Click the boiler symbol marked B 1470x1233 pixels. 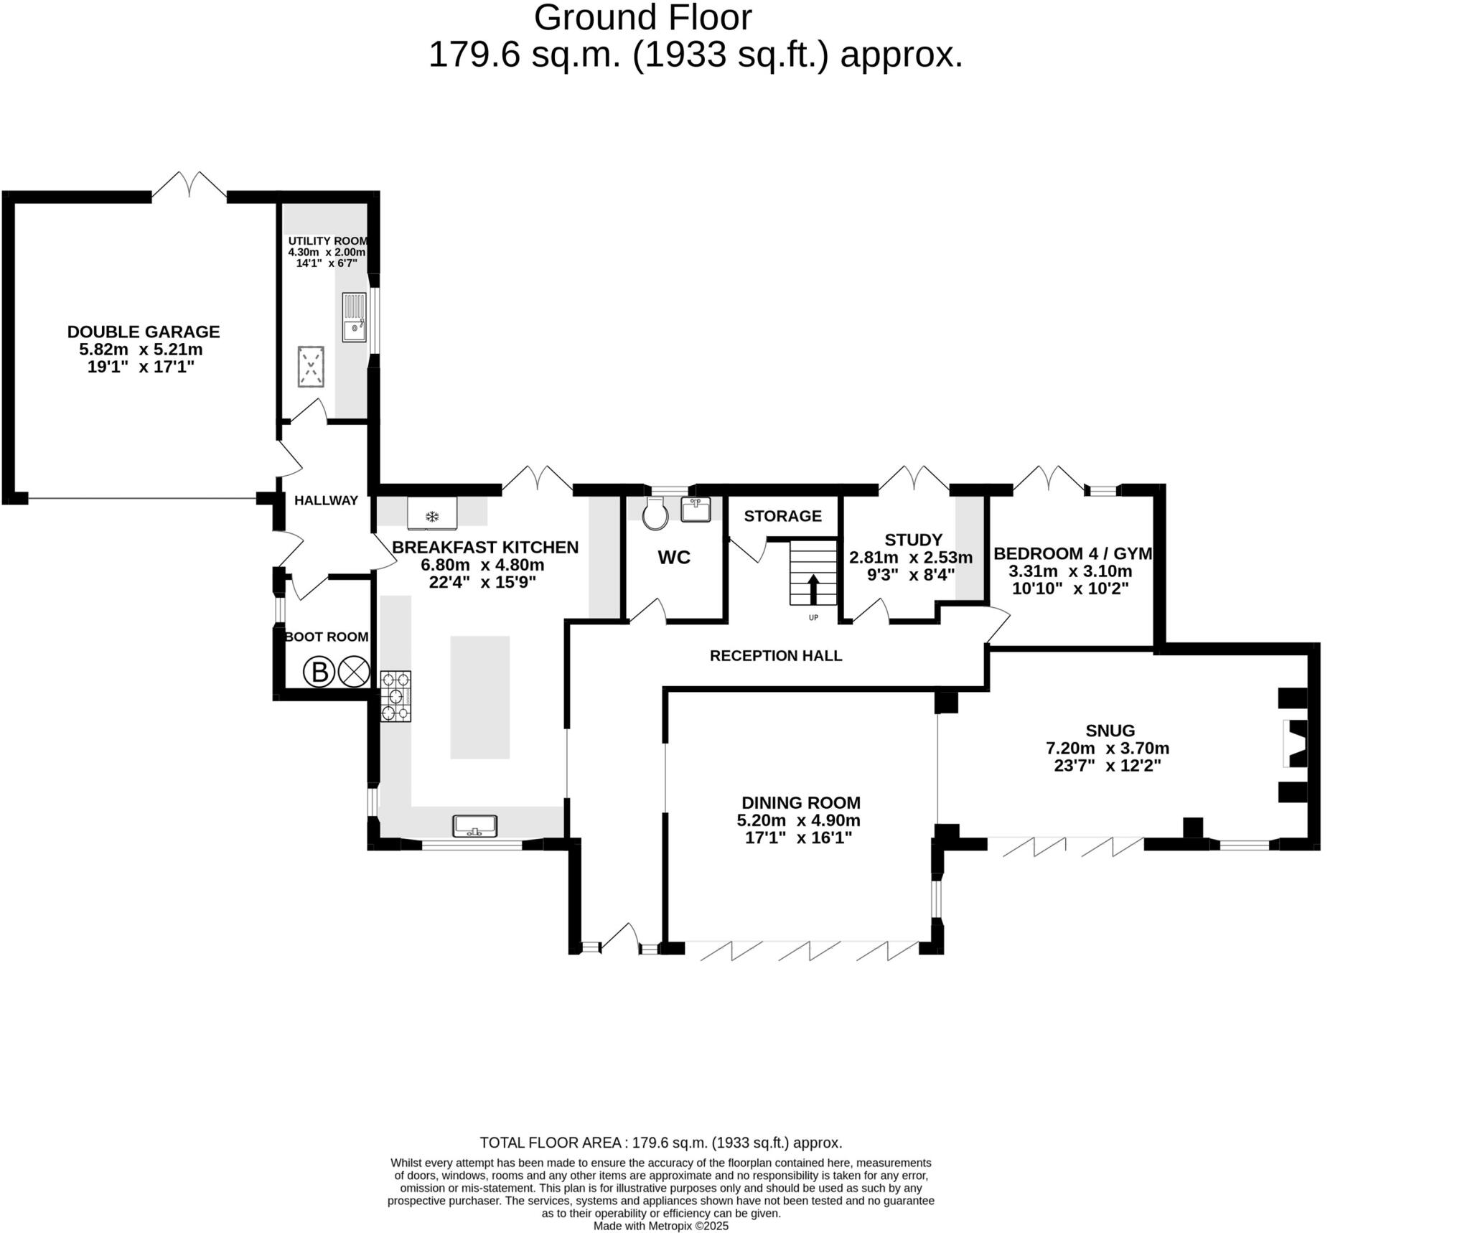319,672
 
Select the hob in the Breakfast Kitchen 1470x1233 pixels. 395,695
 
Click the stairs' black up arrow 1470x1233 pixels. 813,589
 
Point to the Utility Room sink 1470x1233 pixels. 354,317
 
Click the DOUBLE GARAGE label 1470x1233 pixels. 144,332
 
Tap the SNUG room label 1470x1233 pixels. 1110,731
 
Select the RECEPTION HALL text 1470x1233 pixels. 776,655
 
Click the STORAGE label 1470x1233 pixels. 783,516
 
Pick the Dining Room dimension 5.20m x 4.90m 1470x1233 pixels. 799,820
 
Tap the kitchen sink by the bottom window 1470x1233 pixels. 475,826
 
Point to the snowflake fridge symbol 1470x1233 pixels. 432,516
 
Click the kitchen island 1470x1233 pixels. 480,697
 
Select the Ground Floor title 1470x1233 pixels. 643,18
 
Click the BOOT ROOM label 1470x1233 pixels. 327,637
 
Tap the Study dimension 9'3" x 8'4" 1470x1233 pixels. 912,574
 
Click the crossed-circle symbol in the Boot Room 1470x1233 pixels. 353,672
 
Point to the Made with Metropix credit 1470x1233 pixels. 661,1226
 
